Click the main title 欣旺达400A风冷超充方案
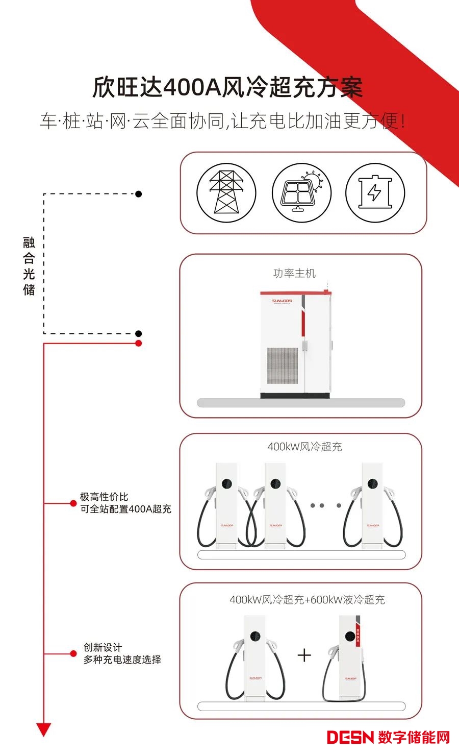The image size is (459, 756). point(227,87)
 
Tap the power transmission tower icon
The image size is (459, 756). point(226,192)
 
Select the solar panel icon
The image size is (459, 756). point(301,193)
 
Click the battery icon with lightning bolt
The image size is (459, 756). point(375,193)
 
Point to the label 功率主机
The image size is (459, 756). point(294,274)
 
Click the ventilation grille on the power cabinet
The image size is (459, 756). point(282,365)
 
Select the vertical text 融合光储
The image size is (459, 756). point(29,266)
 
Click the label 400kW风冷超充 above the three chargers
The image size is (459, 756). point(304,447)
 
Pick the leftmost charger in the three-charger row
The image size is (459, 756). point(226,505)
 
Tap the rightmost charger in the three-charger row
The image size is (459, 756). point(372,505)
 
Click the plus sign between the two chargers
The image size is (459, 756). point(304,655)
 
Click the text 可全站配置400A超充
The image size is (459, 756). point(125,509)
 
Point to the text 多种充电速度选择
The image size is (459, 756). point(122,660)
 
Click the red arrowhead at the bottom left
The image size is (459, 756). point(44,729)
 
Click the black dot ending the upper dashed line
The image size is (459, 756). point(138,194)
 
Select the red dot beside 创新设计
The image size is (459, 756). point(73,653)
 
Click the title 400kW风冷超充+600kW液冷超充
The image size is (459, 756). point(307,600)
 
